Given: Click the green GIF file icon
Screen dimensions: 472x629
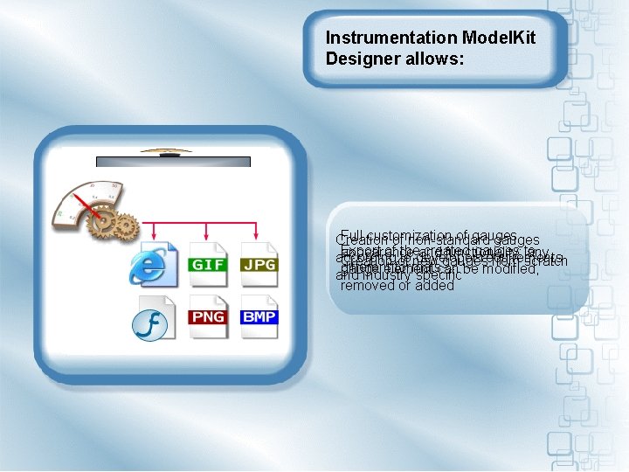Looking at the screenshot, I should pos(208,260).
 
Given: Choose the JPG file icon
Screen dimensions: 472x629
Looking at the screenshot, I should pos(259,260).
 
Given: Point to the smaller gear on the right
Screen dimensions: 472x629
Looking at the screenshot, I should pos(127,226).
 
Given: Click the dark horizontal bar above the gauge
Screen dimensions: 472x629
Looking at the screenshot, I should pos(173,162).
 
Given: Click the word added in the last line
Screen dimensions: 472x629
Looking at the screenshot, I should pos(435,285).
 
